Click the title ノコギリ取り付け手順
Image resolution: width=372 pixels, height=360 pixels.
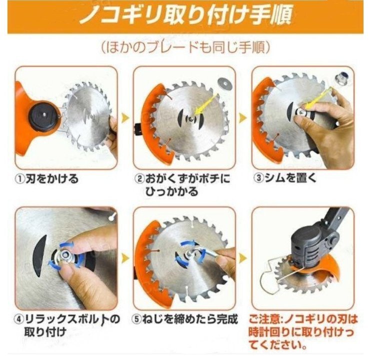(185, 16)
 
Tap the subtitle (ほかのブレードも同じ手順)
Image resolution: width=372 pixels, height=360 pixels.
(185, 47)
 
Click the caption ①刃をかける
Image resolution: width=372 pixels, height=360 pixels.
(46, 178)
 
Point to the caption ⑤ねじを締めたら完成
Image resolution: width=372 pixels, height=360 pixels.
(184, 319)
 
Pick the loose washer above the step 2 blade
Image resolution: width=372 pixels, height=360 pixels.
(223, 83)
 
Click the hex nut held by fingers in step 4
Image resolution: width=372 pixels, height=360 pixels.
(64, 255)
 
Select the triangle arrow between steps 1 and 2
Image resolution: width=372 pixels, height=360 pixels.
(125, 117)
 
